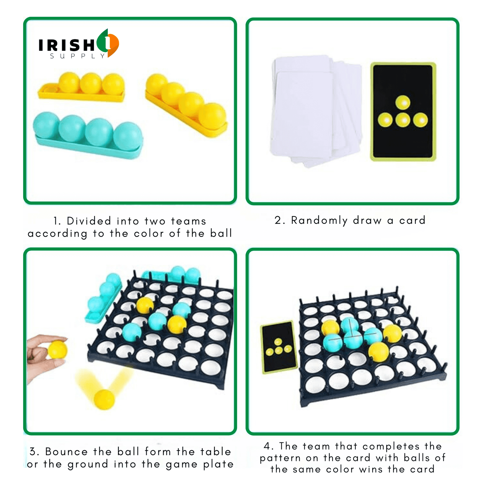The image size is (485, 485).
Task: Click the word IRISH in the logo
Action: pos(67,45)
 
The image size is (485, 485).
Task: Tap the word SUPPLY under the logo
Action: pos(78,56)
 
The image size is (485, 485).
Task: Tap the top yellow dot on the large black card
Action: pos(403,103)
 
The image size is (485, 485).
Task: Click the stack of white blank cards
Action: pos(316,111)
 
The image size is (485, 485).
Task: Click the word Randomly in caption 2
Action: pos(320,221)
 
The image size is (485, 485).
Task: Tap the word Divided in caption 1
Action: pos(89,221)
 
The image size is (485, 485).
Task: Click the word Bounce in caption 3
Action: pos(66,452)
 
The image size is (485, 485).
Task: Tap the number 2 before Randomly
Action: pos(279,221)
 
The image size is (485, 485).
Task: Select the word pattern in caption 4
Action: pos(280,458)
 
